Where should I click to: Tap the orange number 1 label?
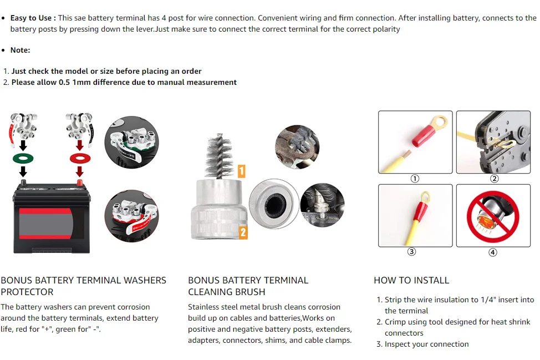[242, 171]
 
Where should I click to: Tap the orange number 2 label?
[243, 232]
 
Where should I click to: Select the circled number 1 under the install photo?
[415, 179]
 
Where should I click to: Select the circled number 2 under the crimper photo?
[495, 179]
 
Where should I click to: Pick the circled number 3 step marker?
[411, 252]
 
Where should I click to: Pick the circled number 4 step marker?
[493, 252]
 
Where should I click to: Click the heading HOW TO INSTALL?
[411, 280]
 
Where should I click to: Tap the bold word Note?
[20, 50]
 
